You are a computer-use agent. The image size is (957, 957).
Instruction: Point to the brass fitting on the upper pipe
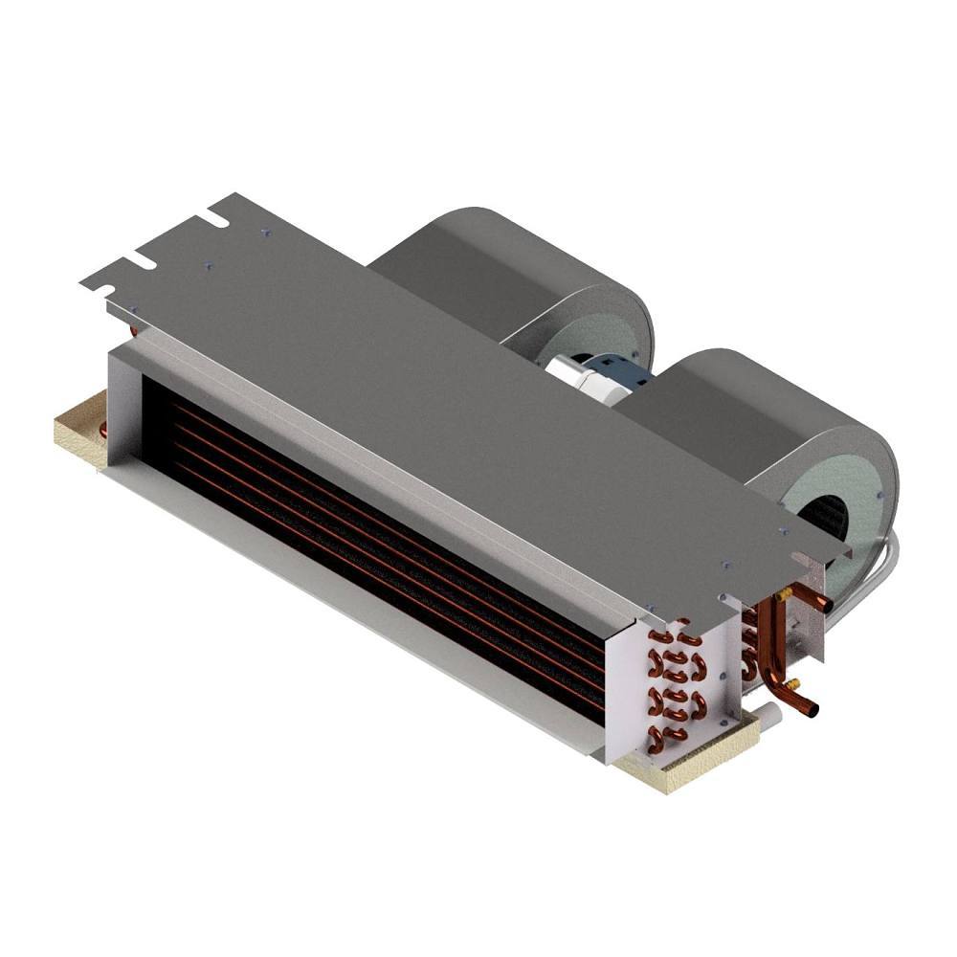(x=785, y=594)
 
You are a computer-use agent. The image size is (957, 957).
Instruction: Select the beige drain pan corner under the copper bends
(x=670, y=770)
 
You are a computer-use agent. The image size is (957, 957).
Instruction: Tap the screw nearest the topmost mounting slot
(x=265, y=232)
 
